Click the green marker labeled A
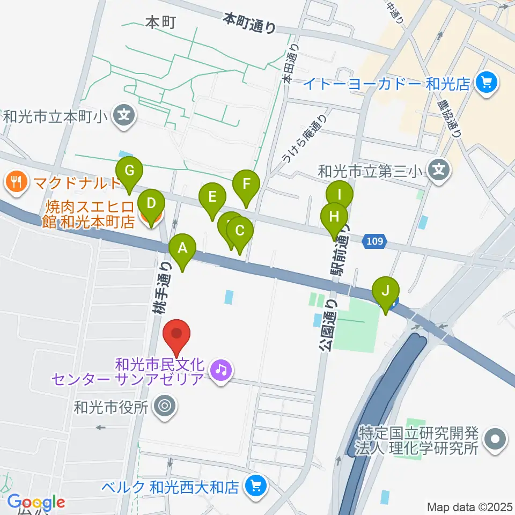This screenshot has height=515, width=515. pyautogui.click(x=182, y=248)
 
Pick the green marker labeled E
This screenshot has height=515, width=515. pyautogui.click(x=212, y=197)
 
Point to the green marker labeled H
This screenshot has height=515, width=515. pyautogui.click(x=334, y=217)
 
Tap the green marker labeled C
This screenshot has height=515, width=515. pyautogui.click(x=240, y=232)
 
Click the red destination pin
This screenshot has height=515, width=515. pyautogui.click(x=176, y=334)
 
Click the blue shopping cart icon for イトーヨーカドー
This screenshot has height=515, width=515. pyautogui.click(x=487, y=83)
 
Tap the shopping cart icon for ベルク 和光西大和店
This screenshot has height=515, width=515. pyautogui.click(x=254, y=486)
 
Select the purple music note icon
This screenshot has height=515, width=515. pyautogui.click(x=220, y=370)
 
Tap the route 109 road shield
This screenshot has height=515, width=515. pyautogui.click(x=375, y=241)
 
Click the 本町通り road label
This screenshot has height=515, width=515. pyautogui.click(x=250, y=23)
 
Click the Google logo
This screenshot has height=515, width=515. pyautogui.click(x=36, y=502)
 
